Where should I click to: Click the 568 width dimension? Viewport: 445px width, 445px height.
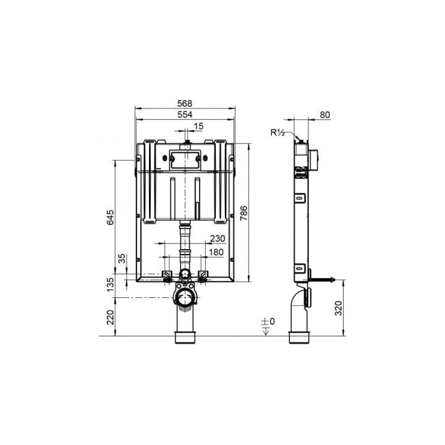pos(185,103)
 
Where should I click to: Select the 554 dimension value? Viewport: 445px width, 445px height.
pos(185,114)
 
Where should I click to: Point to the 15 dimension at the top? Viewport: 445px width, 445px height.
pos(198,126)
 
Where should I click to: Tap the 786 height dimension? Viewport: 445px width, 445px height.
pos(244,213)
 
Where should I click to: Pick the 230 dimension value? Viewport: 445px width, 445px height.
pos(217,238)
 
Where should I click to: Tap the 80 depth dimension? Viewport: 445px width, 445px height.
pos(326,114)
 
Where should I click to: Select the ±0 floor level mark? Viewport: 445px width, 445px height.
pos(267,322)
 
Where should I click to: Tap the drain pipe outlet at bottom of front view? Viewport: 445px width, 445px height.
pos(185,337)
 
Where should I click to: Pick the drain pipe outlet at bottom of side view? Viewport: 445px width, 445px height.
pos(301,337)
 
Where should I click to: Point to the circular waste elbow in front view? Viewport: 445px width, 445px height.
pos(184,299)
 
